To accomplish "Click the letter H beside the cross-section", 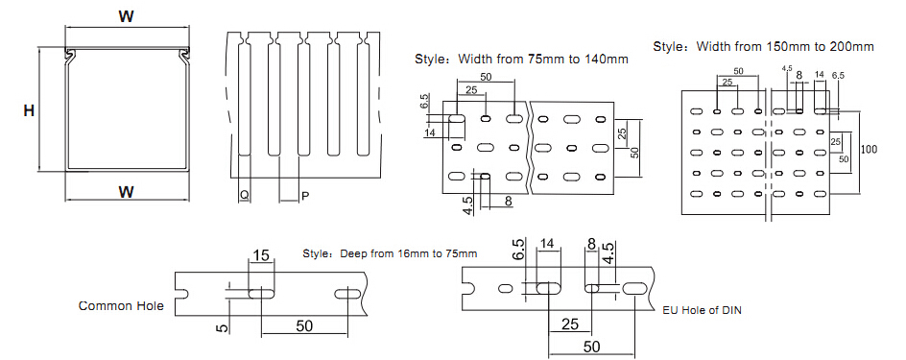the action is (x=29, y=111).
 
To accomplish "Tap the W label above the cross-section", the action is (x=127, y=17).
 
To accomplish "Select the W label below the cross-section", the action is (x=127, y=191).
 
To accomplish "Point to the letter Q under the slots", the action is (x=245, y=197).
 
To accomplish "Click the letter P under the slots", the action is (x=305, y=197).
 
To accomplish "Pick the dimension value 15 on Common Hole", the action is (x=262, y=254).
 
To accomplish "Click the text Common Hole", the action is (x=121, y=306).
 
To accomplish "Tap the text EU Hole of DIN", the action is (x=702, y=310).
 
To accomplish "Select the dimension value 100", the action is (x=869, y=149).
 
